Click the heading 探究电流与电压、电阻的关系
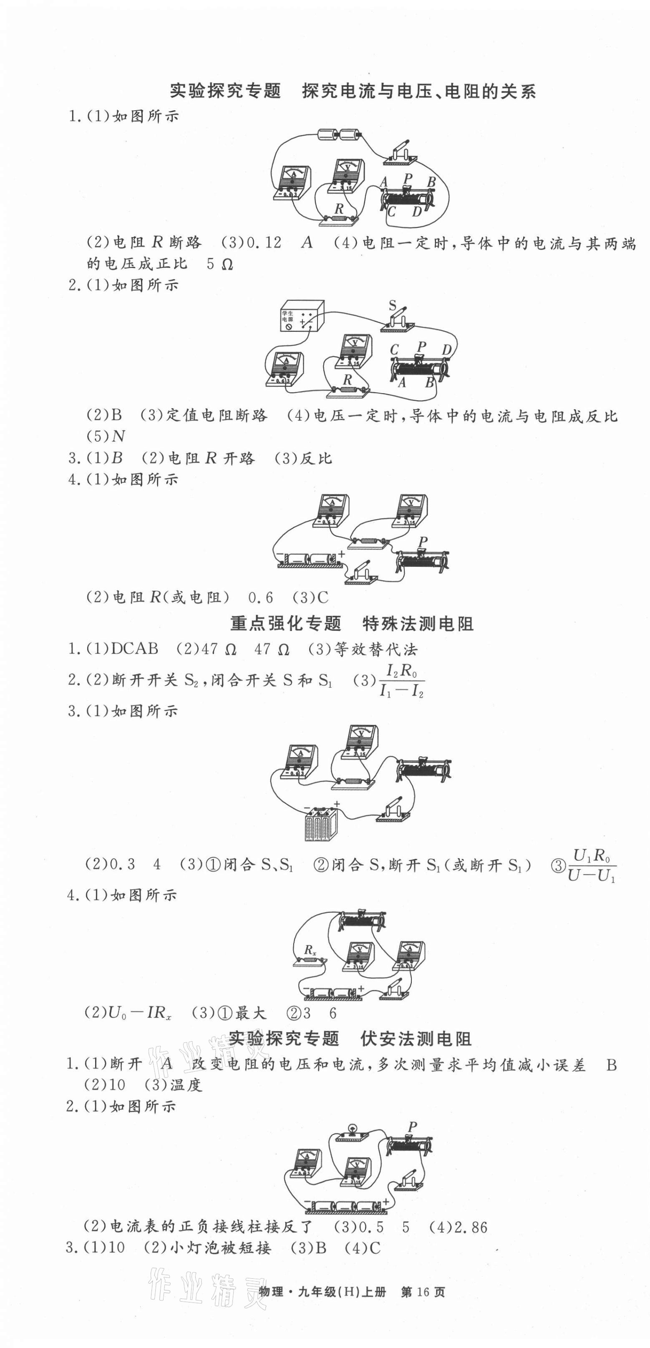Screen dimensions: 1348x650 coord(418,91)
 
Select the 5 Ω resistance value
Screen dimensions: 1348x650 coord(219,264)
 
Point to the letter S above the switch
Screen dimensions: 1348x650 coord(393,304)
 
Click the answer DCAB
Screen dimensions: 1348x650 coord(134,649)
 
